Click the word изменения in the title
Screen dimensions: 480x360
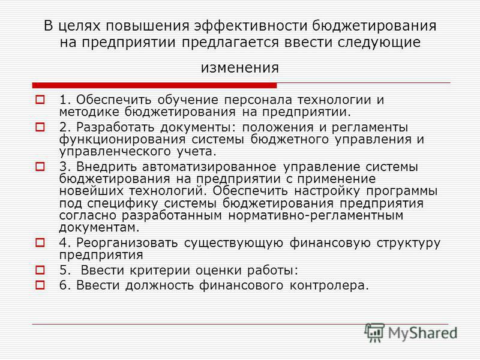click(x=239, y=68)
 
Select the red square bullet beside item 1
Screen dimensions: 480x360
click(x=40, y=100)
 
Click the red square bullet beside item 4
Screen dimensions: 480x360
click(x=40, y=243)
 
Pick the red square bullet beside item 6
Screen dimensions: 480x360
click(x=40, y=285)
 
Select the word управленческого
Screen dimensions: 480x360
click(x=115, y=152)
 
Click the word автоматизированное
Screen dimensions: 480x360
click(x=209, y=167)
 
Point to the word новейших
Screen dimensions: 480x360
click(x=91, y=191)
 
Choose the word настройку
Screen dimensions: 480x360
click(x=327, y=191)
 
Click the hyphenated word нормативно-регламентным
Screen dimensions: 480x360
click(x=316, y=215)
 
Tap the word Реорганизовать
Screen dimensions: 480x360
click(x=127, y=243)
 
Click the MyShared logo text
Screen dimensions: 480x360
click(x=422, y=333)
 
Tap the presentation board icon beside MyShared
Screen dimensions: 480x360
click(x=374, y=332)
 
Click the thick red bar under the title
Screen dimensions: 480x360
click(x=154, y=85)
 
